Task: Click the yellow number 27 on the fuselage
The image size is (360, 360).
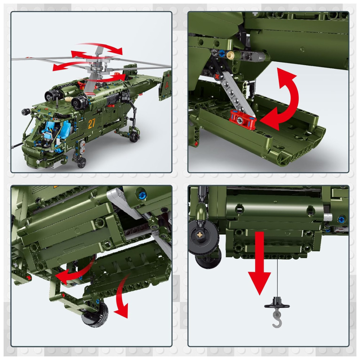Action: click(x=91, y=123)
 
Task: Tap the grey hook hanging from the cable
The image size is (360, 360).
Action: click(x=277, y=318)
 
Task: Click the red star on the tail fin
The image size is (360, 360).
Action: click(x=167, y=84)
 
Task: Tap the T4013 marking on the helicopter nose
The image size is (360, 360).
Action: click(x=30, y=151)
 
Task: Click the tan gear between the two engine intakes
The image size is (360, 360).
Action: click(x=68, y=99)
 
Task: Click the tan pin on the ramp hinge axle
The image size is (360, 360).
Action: click(x=231, y=55)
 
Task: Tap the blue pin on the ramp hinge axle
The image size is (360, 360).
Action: click(x=221, y=53)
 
